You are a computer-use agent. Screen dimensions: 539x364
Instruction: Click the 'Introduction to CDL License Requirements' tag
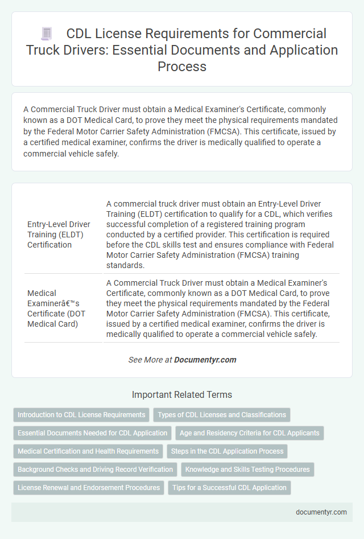click(81, 414)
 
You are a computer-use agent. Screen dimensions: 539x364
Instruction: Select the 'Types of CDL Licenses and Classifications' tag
click(222, 414)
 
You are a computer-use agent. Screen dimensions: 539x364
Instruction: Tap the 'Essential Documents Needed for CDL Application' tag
click(92, 433)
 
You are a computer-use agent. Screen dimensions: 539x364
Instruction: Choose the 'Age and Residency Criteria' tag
click(249, 433)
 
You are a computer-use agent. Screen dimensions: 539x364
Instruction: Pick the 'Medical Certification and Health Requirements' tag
click(88, 451)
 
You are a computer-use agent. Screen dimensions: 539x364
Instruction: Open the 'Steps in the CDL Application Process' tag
click(227, 451)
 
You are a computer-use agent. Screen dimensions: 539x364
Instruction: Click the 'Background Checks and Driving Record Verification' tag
click(95, 470)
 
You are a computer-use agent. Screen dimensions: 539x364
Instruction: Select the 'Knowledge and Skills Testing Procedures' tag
click(247, 470)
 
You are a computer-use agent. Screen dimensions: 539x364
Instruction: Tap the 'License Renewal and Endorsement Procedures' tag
click(88, 488)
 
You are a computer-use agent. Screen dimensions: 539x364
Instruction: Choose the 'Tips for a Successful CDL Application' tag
click(229, 488)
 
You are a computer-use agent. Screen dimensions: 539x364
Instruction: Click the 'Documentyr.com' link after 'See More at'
click(205, 360)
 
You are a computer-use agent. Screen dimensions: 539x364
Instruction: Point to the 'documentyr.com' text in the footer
click(321, 512)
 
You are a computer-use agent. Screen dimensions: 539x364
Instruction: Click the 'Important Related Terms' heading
click(182, 394)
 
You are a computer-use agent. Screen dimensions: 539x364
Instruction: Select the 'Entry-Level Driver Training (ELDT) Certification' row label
click(59, 234)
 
